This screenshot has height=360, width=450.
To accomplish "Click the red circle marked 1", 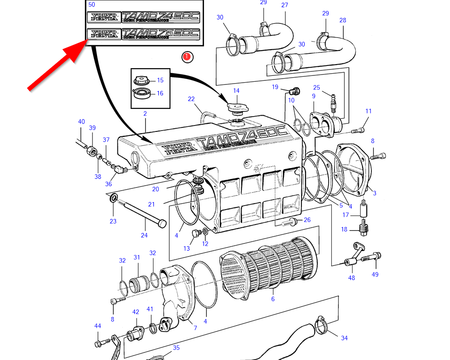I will [187, 57].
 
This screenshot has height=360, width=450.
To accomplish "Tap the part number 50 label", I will [92, 5].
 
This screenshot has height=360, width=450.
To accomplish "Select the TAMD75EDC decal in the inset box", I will [144, 34].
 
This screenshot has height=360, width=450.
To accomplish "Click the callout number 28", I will [343, 20].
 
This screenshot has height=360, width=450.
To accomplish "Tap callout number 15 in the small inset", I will [160, 80].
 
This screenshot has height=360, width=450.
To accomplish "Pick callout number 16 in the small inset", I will [160, 94].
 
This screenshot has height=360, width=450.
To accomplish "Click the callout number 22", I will [191, 99].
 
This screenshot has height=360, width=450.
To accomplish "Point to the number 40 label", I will [81, 122].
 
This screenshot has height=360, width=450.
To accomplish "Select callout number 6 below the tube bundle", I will [273, 299].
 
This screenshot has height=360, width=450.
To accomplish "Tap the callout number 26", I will [307, 220].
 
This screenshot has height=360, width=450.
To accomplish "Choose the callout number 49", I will [375, 274].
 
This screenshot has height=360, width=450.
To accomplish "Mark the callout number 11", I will [368, 111].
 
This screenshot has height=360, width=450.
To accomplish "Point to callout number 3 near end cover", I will [374, 193].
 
